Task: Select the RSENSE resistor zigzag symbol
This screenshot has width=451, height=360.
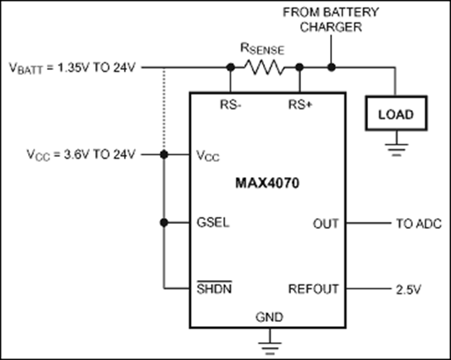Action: (x=264, y=68)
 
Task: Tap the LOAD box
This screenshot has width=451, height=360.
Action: (x=395, y=115)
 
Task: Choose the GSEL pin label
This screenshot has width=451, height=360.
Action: (x=213, y=222)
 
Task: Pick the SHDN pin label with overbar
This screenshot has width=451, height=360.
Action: (x=214, y=289)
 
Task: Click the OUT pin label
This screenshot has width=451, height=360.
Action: (x=325, y=223)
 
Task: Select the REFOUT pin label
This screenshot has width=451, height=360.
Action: (x=313, y=289)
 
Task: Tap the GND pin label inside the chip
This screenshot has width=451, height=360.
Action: (x=269, y=317)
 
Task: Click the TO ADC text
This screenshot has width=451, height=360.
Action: (x=419, y=223)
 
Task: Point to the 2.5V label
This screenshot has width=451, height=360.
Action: (x=409, y=289)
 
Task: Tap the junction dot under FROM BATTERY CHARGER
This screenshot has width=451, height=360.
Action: (x=331, y=68)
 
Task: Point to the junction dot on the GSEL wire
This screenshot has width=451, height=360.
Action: (x=165, y=222)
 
